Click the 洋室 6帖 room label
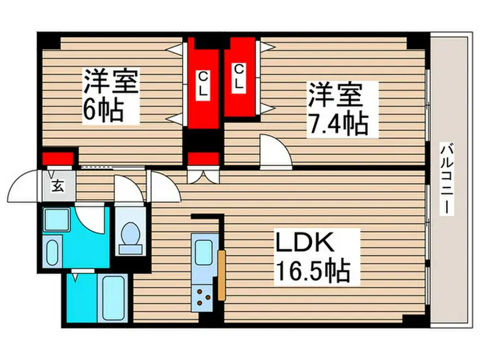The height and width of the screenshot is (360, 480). (x=110, y=97)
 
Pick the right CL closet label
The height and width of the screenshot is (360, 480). (x=239, y=77)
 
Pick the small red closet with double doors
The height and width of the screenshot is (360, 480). (x=203, y=158)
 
